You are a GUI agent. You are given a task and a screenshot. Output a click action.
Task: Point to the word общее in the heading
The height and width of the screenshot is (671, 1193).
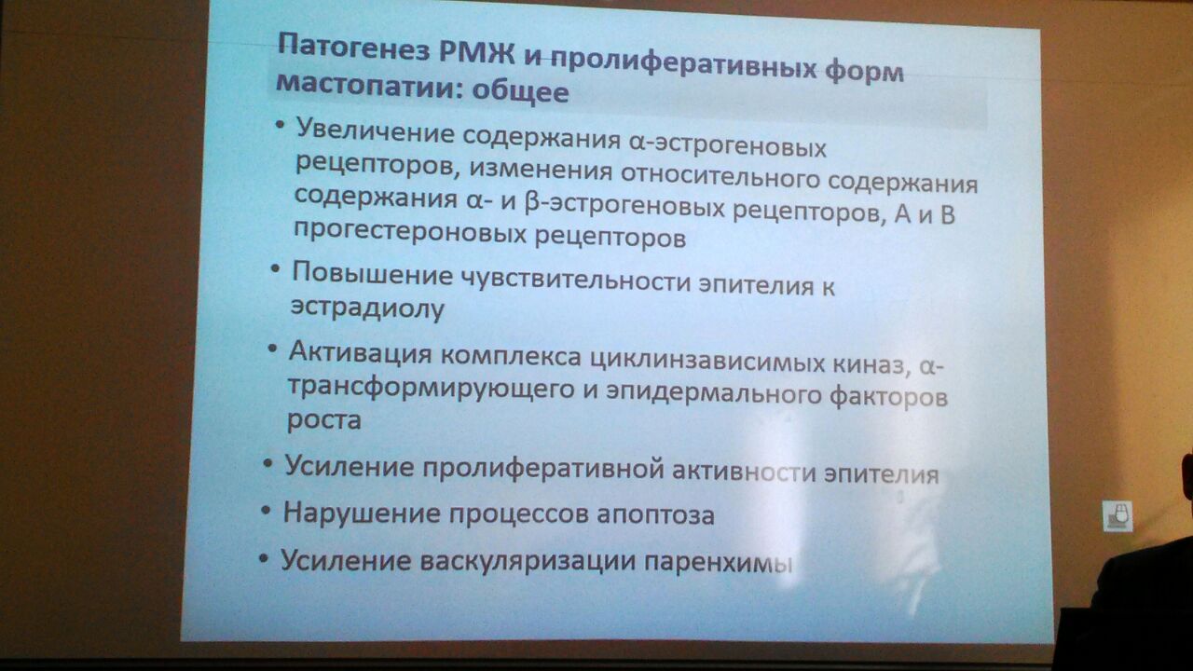(520, 91)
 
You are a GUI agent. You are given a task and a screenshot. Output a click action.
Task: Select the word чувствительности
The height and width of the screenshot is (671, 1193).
(575, 281)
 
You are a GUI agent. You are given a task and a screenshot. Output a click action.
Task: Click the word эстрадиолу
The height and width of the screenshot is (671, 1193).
(367, 308)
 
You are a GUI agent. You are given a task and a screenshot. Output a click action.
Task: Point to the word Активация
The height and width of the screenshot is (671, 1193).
(360, 352)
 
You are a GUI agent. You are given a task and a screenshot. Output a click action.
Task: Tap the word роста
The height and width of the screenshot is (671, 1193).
(324, 420)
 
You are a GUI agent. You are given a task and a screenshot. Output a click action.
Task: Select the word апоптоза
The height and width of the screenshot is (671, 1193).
(655, 514)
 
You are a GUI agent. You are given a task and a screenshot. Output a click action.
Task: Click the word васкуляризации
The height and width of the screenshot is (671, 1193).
(528, 561)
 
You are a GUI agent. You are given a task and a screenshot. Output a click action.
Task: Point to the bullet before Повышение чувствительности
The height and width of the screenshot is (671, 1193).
(275, 268)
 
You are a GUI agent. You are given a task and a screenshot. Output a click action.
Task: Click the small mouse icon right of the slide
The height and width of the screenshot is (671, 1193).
(1118, 516)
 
